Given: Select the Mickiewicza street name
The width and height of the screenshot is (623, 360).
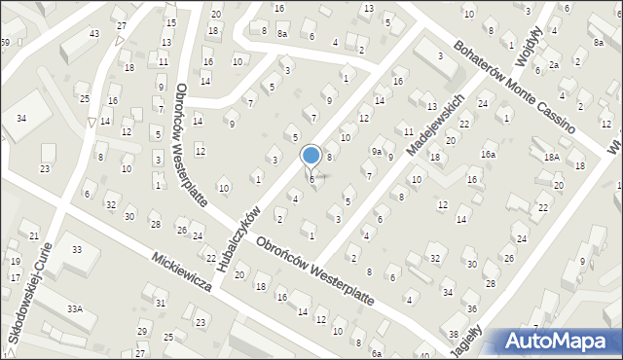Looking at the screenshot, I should pyautogui.click(x=182, y=275).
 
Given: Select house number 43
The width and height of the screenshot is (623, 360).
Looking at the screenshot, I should pyautogui.click(x=94, y=34).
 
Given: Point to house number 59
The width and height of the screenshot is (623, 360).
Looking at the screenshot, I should pyautogui.click(x=5, y=43).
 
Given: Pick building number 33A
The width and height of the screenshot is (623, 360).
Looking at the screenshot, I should pyautogui.click(x=74, y=308).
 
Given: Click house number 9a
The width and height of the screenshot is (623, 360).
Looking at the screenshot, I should pyautogui.click(x=376, y=151).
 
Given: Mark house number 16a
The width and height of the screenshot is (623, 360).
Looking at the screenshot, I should pyautogui.click(x=488, y=155).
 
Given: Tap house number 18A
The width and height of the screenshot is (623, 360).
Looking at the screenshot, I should pyautogui.click(x=551, y=158).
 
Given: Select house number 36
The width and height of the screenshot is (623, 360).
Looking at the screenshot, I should pyautogui.click(x=472, y=308).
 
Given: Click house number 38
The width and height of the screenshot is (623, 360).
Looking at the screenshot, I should pyautogui.click(x=454, y=334).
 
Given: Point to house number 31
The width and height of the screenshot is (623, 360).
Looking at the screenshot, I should pyautogui.click(x=160, y=304).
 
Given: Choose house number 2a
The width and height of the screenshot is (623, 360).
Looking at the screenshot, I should pyautogui.click(x=553, y=64).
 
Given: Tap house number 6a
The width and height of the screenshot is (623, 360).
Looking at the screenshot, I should pyautogui.click(x=376, y=354).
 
